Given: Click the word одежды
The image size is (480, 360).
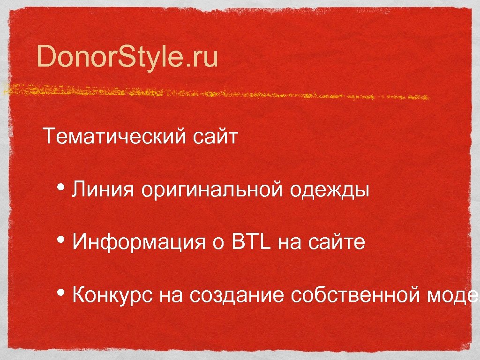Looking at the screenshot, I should tap(330, 191).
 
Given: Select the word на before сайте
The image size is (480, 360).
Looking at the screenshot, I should tap(289, 244).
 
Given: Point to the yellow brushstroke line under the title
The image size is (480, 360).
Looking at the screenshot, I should tap(216, 91).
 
